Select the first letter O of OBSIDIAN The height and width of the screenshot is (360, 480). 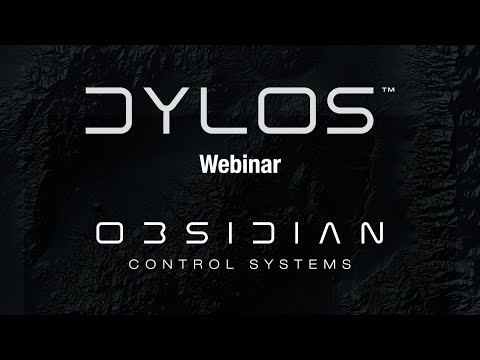[x=109, y=233]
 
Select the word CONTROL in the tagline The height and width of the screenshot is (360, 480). [x=180, y=266]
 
